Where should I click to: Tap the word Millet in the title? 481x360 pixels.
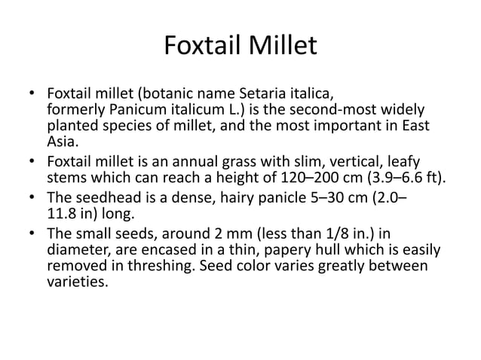point(283,47)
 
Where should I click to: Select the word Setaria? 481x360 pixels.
point(265,95)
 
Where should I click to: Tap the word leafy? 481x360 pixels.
point(403,162)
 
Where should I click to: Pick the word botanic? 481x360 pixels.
point(163,95)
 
